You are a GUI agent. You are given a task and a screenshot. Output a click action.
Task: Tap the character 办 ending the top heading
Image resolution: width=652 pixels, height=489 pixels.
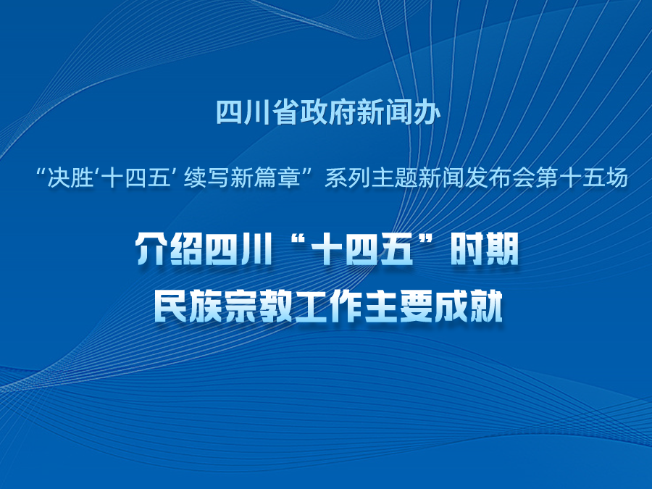click(427, 113)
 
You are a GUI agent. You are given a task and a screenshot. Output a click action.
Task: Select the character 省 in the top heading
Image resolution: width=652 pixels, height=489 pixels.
click(285, 113)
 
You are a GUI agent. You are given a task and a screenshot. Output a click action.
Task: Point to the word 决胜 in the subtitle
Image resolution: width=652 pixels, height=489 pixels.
click(70, 178)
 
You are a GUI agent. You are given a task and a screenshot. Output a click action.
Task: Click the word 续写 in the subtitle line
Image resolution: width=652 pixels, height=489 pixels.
click(206, 178)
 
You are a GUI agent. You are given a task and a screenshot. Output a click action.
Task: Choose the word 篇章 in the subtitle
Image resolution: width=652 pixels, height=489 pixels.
click(277, 178)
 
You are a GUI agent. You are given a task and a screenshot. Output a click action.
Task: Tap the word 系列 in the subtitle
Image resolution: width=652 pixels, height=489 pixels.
click(348, 178)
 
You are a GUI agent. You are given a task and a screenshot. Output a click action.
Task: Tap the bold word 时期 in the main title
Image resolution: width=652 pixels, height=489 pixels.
click(485, 249)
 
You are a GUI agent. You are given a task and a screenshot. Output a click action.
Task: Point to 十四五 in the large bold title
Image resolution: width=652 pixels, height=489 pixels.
click(362, 249)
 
